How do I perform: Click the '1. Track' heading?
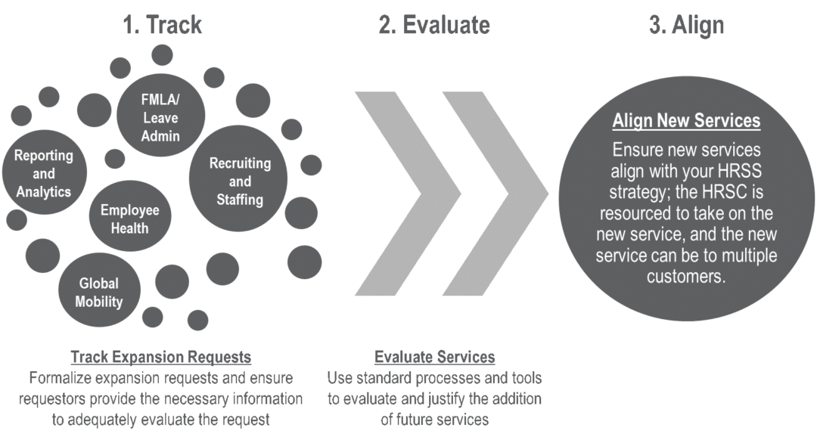[x=162, y=25]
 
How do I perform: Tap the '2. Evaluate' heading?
[x=433, y=25]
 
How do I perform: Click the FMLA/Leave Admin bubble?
[x=160, y=116]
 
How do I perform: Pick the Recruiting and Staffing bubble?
[x=239, y=182]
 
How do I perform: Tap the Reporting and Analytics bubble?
[x=43, y=174]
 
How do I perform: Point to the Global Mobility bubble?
[x=99, y=293]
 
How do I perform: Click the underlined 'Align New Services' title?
[x=686, y=121]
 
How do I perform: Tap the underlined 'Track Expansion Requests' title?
[x=160, y=357]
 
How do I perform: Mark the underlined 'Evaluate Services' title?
[x=434, y=357]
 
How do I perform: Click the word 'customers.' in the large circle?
[x=686, y=277]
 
